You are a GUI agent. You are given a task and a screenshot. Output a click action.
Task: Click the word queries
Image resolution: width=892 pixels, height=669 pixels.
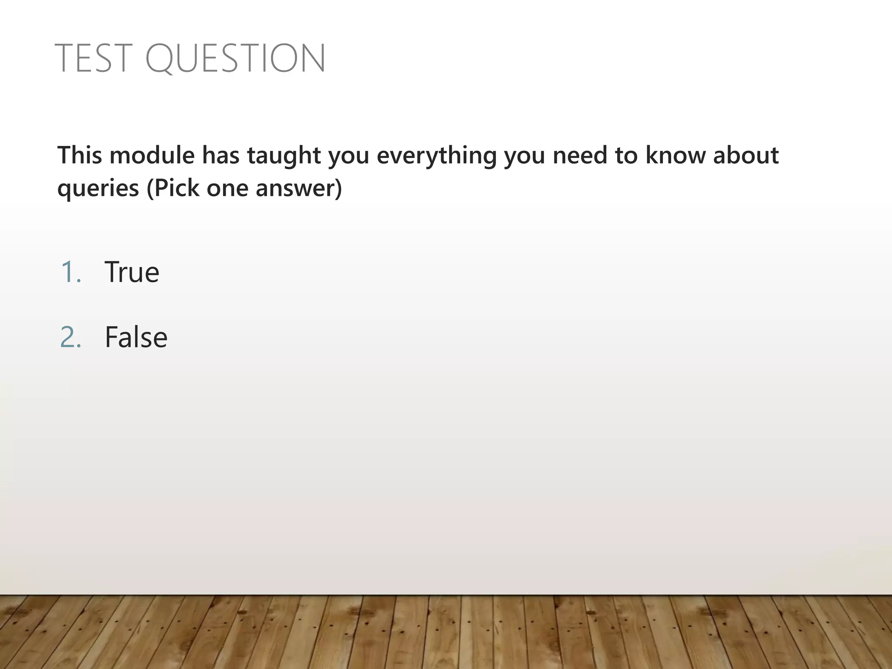point(98,189)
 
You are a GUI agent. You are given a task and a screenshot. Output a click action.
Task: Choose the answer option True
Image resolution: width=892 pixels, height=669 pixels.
point(132,272)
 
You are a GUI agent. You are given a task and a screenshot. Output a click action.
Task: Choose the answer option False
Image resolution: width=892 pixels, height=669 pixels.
point(136,337)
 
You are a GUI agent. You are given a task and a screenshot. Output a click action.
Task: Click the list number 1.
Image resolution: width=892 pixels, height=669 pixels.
point(71,272)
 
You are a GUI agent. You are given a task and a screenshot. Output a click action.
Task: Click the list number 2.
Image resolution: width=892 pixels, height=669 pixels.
point(71,337)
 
